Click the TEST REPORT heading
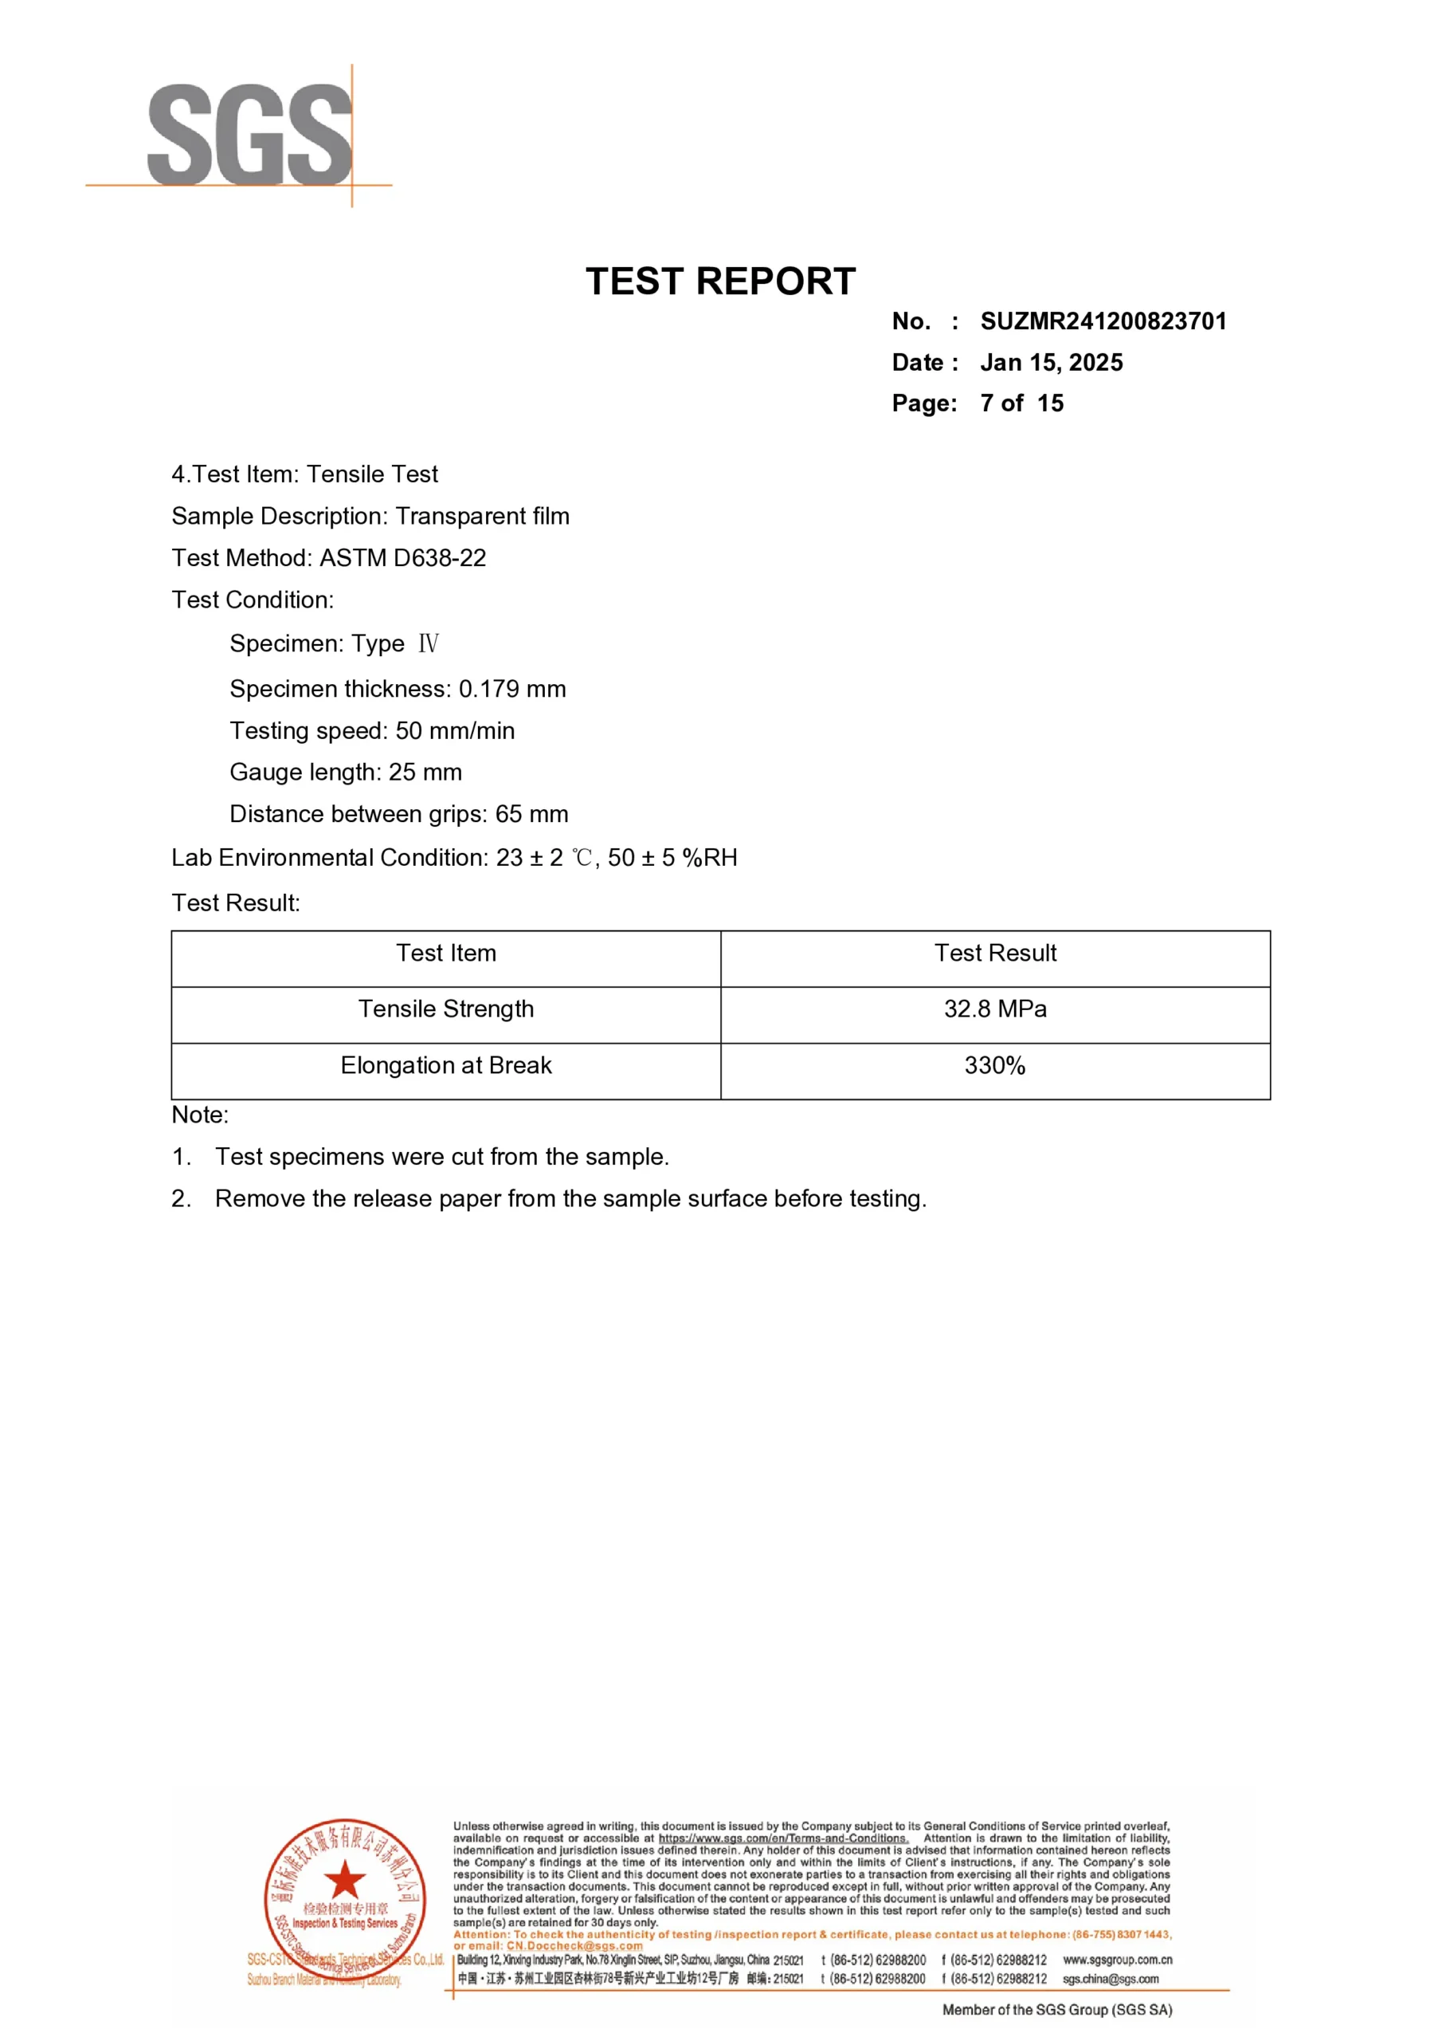719,281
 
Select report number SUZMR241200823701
1103,322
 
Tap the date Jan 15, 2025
1051,363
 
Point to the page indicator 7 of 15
1022,403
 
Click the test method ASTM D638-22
402,558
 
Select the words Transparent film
483,517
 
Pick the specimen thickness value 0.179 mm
511,689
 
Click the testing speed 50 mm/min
455,731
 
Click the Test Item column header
446,954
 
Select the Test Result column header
995,954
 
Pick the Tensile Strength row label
446,1010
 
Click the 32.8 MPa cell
995,1010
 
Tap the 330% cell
995,1066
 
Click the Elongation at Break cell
446,1066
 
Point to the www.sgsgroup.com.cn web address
1117,1960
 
